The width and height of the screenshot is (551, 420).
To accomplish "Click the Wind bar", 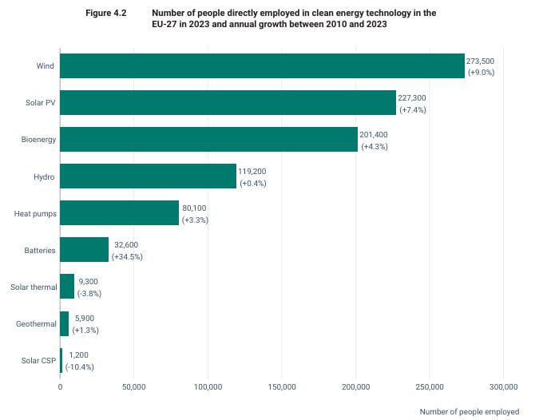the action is [262, 65].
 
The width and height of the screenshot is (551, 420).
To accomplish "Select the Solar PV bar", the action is [228, 103].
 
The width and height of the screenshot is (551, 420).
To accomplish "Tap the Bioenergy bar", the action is [208, 140].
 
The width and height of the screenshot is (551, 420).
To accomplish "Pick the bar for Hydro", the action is [148, 176].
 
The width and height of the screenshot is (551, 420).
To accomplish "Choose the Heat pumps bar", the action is [120, 213].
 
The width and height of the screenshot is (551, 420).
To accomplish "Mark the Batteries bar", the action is [85, 250].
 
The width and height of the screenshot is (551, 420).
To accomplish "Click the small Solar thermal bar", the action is [67, 287].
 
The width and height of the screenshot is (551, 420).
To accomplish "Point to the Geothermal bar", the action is [65, 323].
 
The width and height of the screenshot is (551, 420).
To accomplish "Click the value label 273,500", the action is [480, 61].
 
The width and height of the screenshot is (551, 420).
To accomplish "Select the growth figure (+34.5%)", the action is [127, 257].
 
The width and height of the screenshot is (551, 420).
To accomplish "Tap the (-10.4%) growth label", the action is [80, 367].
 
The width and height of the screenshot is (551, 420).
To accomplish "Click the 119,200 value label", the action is [252, 172].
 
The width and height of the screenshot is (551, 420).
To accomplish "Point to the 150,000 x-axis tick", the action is [282, 387].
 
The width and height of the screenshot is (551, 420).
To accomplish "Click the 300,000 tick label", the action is [504, 387].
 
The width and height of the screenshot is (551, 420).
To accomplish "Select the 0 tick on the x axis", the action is [60, 387].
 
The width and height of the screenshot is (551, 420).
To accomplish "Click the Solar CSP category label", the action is [38, 361].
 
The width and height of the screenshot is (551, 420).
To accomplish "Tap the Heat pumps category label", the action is [35, 214].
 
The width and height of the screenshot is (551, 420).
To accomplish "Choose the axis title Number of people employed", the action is [470, 411].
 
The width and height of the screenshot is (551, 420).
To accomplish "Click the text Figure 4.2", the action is [106, 13].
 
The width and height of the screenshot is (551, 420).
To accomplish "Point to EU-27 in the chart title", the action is [165, 24].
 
